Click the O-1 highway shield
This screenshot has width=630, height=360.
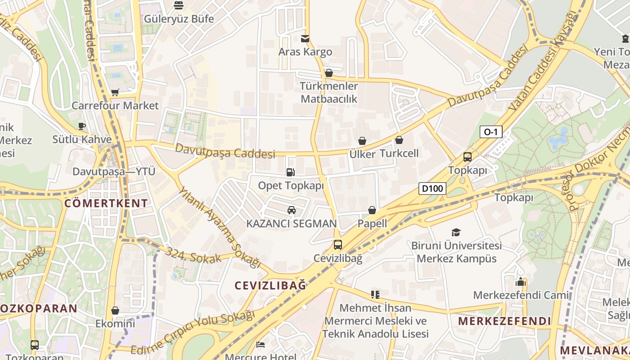point(491,132)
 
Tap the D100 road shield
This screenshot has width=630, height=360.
point(432,188)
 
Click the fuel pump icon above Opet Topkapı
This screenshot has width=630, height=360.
point(291,172)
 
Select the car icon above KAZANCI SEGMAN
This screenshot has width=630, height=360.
point(292,210)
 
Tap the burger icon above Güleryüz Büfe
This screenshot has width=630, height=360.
point(179,5)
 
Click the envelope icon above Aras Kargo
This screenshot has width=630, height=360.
point(305,38)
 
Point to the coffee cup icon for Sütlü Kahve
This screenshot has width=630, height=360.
point(81,126)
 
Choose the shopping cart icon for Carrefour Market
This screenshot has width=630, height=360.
point(115,92)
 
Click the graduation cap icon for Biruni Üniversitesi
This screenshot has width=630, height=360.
point(456,232)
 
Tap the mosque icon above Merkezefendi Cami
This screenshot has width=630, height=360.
point(521,282)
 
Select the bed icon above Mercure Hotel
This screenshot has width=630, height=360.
point(261,344)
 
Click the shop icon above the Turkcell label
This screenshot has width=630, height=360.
point(399,140)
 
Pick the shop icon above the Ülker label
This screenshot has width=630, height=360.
point(362,141)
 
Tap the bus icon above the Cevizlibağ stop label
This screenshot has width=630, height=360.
point(337,245)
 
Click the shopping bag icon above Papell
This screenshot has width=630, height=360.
point(372,210)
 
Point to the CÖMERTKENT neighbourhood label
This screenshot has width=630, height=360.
point(106,203)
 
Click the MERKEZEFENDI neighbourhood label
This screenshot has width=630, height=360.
point(504,321)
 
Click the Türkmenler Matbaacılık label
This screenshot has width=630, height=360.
point(329,92)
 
